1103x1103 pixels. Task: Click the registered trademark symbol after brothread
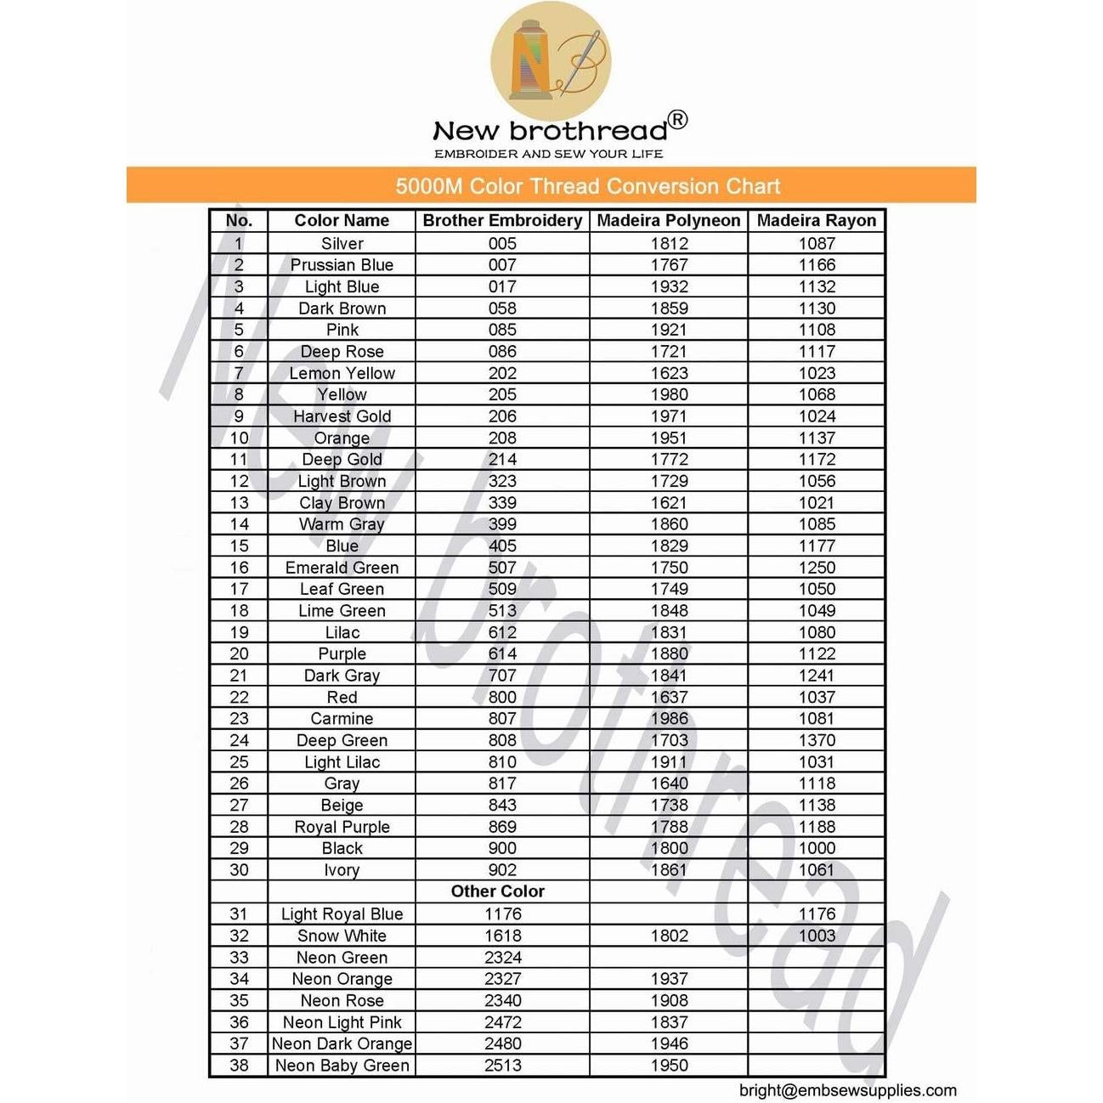tap(677, 120)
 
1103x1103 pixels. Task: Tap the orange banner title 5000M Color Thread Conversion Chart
tap(587, 186)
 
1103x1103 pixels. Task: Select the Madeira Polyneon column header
tap(669, 221)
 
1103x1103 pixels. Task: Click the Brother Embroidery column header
tap(502, 221)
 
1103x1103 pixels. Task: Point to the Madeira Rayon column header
tap(816, 221)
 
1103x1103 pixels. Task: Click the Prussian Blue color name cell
tap(342, 265)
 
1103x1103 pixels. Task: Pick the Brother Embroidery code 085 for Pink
tap(502, 330)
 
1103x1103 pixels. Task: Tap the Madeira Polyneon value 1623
tap(669, 373)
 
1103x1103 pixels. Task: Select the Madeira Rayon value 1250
tap(816, 568)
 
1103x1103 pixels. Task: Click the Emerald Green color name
tap(342, 568)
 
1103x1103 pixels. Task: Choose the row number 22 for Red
tap(239, 698)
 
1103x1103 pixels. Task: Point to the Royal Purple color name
tap(342, 827)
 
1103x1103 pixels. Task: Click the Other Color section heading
tap(498, 891)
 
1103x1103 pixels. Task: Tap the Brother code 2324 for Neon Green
tap(502, 958)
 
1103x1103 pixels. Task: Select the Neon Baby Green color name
tap(342, 1066)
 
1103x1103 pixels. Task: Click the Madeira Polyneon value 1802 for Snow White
tap(669, 936)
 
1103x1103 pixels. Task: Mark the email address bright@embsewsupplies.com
tap(847, 1090)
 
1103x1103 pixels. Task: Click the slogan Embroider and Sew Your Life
tap(548, 154)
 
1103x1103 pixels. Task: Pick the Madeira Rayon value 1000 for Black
tap(816, 848)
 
